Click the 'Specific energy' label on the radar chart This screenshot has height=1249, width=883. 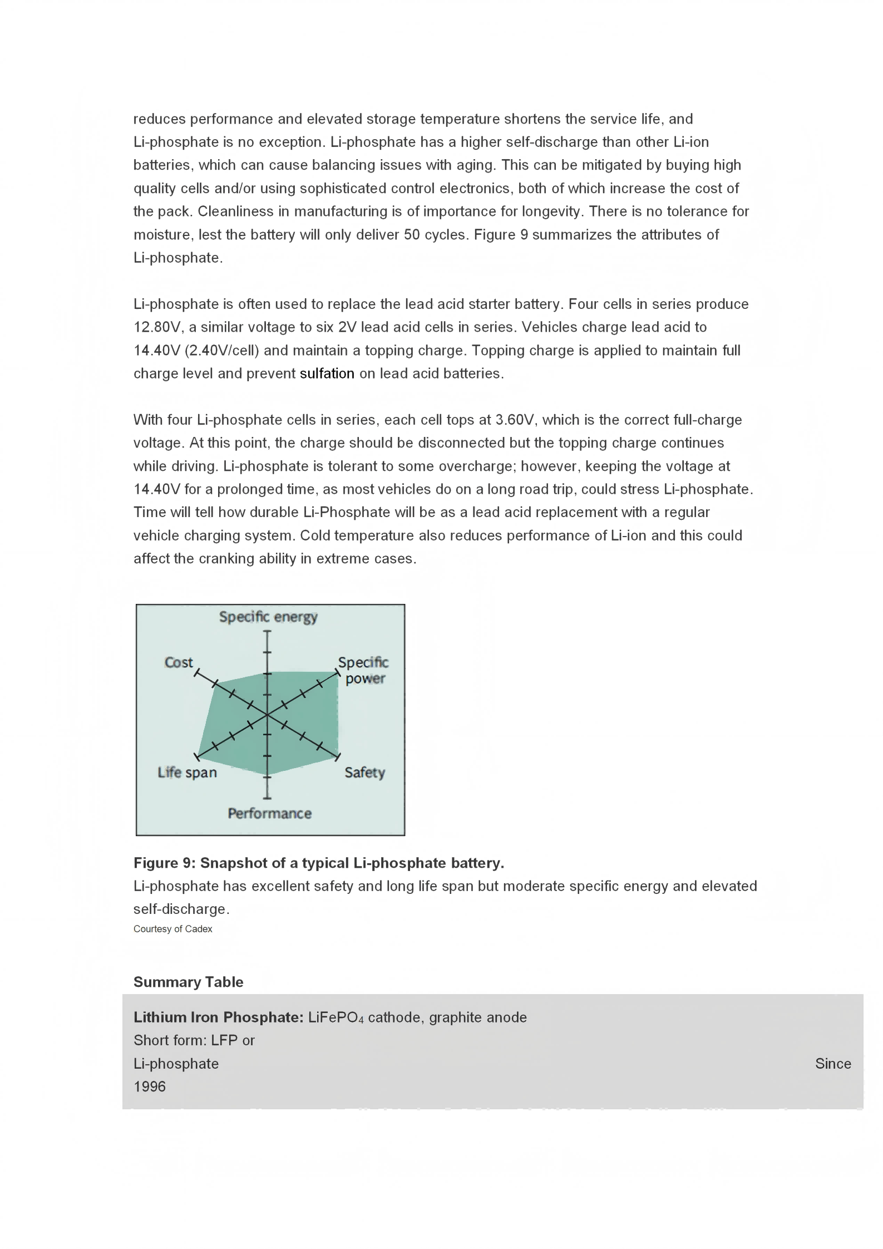click(x=268, y=617)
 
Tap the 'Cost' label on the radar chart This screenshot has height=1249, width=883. click(x=179, y=662)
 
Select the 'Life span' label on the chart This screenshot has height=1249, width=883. click(x=187, y=773)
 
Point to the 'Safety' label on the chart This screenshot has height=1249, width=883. click(x=364, y=773)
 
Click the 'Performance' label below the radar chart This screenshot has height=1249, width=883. click(x=269, y=814)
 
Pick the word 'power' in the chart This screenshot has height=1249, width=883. click(x=365, y=678)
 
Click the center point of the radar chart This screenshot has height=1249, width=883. click(x=268, y=715)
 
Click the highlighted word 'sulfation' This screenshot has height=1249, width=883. click(x=327, y=373)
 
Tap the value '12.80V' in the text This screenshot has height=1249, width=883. click(x=156, y=327)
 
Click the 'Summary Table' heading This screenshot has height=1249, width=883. click(x=188, y=982)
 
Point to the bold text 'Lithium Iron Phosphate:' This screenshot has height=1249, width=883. click(x=218, y=1017)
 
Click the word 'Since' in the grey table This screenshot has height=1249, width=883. click(x=833, y=1064)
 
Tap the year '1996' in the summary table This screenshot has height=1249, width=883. click(x=150, y=1086)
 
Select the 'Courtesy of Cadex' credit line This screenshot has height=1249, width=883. click(x=173, y=929)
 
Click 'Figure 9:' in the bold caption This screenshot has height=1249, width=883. click(x=164, y=863)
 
